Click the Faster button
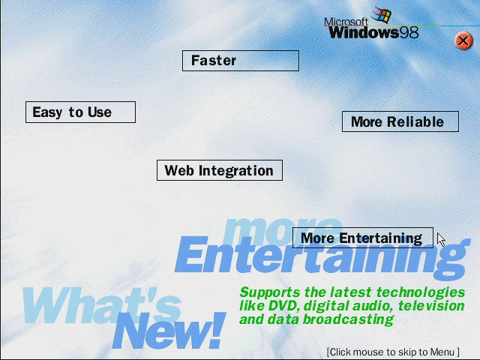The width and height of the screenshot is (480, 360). click(241, 61)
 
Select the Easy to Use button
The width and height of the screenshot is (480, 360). click(80, 112)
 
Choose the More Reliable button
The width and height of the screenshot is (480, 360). click(400, 121)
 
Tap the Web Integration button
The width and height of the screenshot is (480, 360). click(220, 170)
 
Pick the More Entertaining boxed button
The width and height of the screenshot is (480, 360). click(363, 238)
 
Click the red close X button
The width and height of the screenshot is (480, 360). click(463, 40)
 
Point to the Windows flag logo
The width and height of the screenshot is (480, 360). click(382, 14)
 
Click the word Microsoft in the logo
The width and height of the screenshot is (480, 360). click(346, 22)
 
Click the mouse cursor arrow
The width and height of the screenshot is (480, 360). click(441, 239)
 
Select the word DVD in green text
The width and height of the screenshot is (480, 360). click(283, 305)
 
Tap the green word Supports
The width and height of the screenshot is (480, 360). click(270, 292)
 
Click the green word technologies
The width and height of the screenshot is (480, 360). click(421, 292)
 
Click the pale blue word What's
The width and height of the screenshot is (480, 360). click(101, 306)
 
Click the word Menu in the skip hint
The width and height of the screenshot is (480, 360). click(442, 352)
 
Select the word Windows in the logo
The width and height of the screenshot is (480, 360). click(364, 33)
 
